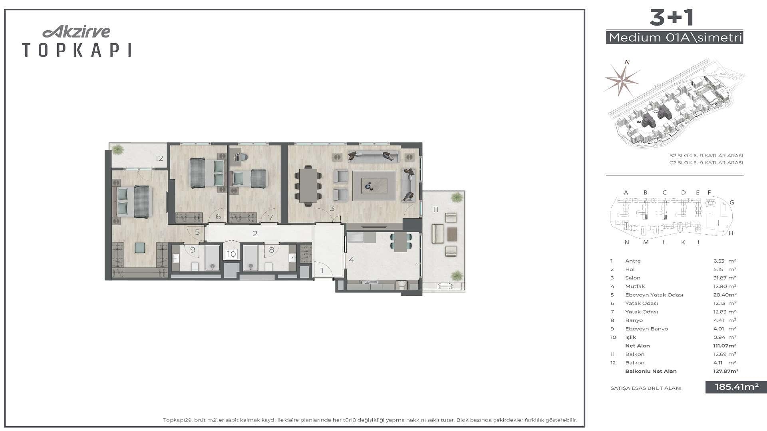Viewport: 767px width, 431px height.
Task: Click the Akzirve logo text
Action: click(76, 32)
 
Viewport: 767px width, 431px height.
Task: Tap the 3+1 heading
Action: click(672, 18)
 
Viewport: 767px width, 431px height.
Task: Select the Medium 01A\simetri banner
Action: click(675, 38)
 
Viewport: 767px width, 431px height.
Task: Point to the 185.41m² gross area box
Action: click(736, 387)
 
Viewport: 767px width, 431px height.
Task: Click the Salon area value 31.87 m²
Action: click(725, 278)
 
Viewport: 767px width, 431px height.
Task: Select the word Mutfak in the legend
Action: click(635, 287)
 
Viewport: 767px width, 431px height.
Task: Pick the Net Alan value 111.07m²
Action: click(725, 346)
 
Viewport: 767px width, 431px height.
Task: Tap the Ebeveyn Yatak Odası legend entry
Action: click(654, 295)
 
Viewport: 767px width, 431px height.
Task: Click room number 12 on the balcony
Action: click(159, 158)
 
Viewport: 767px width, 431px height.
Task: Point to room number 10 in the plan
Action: click(231, 254)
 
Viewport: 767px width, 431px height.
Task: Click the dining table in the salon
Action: click(308, 186)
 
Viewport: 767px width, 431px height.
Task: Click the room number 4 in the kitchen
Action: click(352, 260)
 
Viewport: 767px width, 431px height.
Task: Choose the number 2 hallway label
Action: click(255, 234)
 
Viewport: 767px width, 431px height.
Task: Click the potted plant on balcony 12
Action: click(117, 150)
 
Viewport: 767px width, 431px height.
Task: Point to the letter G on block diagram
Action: click(732, 203)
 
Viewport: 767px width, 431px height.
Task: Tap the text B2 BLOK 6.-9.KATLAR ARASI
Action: click(706, 156)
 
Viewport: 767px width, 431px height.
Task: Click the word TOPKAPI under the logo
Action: click(77, 50)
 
